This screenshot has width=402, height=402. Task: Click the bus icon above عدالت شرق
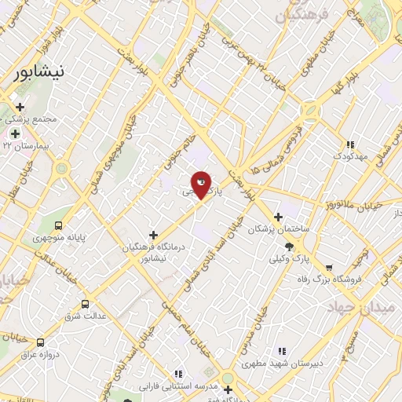85,304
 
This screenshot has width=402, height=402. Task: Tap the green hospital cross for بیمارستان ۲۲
15,133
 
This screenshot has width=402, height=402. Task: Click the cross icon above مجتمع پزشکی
20,108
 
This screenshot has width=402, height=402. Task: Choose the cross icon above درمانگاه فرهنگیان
153,235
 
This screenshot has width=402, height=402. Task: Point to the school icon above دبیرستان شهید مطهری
282,351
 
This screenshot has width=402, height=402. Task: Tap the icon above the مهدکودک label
350,145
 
